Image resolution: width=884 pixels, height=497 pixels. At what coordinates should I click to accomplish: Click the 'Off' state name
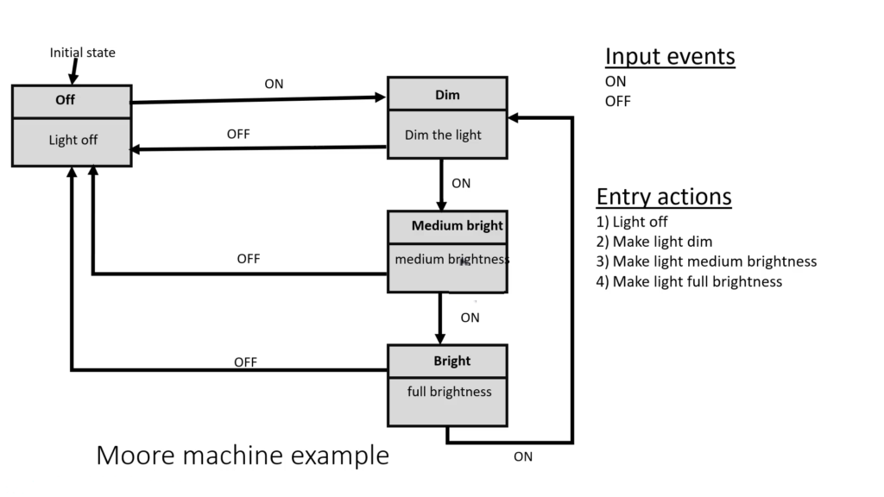click(x=66, y=100)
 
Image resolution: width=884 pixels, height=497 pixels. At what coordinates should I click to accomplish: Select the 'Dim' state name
click(x=447, y=95)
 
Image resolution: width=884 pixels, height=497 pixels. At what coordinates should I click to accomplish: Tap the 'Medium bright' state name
click(x=457, y=226)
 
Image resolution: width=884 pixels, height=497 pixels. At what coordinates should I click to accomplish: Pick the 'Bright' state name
click(x=451, y=360)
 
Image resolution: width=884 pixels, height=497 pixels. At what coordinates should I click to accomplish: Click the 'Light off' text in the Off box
click(x=73, y=140)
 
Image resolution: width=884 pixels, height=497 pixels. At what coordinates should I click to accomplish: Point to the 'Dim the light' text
click(x=443, y=135)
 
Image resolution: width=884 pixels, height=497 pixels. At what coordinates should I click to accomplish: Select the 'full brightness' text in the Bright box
click(x=449, y=392)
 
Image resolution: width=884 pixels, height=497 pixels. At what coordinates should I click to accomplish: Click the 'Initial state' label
click(x=82, y=53)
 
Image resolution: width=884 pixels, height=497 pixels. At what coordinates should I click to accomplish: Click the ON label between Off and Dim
click(x=274, y=84)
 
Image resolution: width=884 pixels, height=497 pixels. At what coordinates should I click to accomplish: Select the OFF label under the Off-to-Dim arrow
click(x=238, y=135)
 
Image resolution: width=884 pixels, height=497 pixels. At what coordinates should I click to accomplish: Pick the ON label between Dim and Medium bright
click(x=461, y=183)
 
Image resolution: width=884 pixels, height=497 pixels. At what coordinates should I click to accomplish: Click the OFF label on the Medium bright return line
click(x=249, y=259)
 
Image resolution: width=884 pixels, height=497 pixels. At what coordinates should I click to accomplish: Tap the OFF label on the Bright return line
click(x=245, y=362)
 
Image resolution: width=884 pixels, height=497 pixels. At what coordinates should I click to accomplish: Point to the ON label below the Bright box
click(x=523, y=457)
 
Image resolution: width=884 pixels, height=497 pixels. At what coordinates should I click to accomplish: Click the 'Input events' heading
click(x=670, y=57)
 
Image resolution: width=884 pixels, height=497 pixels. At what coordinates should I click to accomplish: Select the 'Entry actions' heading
click(x=664, y=197)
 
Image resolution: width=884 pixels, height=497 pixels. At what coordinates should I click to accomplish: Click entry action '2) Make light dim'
click(x=654, y=242)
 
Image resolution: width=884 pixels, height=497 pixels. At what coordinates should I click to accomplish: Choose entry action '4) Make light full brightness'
click(x=689, y=281)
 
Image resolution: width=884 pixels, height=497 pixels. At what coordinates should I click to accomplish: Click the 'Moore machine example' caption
click(x=243, y=455)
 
